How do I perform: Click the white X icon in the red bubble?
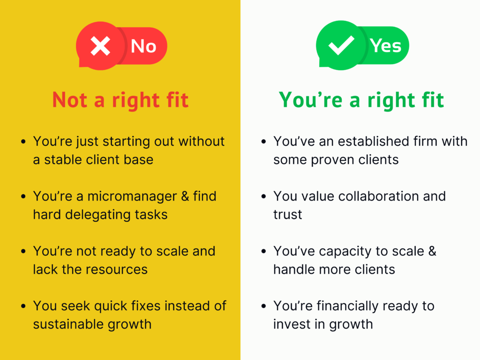tap(100, 46)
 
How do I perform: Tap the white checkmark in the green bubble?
tap(341, 45)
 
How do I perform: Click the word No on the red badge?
tap(143, 46)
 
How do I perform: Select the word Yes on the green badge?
tap(385, 46)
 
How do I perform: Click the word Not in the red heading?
tap(70, 100)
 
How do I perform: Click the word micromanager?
tap(132, 196)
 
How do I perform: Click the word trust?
tap(287, 215)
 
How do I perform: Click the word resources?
tap(117, 270)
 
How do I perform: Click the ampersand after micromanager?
tap(185, 196)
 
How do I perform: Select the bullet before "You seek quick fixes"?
tap(23, 306)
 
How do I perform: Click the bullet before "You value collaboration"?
tap(263, 196)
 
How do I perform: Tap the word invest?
tap(292, 324)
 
